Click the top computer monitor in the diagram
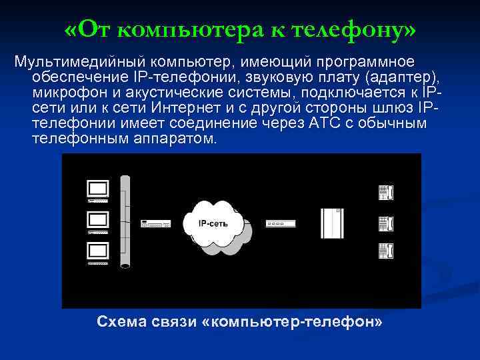97,189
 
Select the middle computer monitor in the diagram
97,220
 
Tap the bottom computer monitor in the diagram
97,251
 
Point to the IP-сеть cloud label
213,223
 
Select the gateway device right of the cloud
279,223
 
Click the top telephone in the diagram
386,192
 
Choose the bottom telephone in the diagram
386,251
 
